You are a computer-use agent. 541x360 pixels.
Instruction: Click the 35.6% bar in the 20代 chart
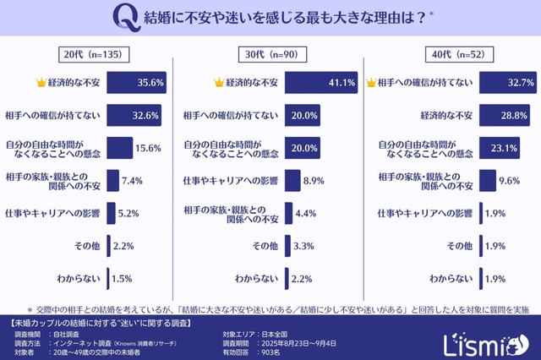tap(136, 83)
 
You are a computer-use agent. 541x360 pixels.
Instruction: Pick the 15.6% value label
tap(149, 148)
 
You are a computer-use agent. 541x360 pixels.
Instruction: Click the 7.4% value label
tap(133, 180)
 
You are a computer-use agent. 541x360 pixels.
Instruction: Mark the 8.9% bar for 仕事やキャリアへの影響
tap(292, 180)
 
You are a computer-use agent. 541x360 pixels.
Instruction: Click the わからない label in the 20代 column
tap(79, 278)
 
